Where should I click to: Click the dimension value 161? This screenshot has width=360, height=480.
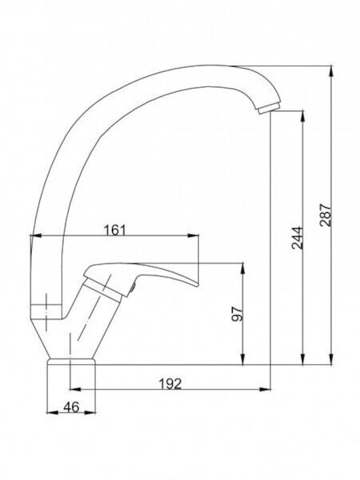tap(115, 230)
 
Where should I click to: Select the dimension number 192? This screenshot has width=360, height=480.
tap(171, 383)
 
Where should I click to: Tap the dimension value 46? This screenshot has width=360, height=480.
tap(71, 407)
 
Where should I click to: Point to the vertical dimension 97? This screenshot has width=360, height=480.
tap(237, 313)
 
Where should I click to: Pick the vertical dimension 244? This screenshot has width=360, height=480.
tap(297, 237)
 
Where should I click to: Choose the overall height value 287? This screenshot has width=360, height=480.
tap(325, 215)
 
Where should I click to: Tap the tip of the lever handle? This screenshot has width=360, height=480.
tap(198, 285)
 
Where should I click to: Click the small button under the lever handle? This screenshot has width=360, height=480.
tap(133, 289)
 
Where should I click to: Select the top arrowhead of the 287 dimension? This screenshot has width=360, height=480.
tap(331, 71)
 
